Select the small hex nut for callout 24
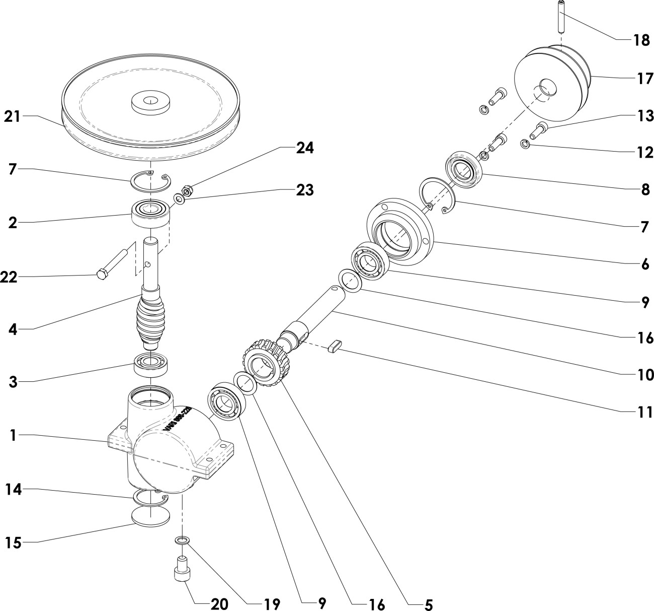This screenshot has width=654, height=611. click(x=186, y=190)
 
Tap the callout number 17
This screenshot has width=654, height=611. click(x=645, y=79)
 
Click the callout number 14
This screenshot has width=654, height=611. click(x=14, y=489)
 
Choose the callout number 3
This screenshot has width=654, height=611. click(x=13, y=381)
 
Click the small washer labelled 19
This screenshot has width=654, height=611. click(x=183, y=540)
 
